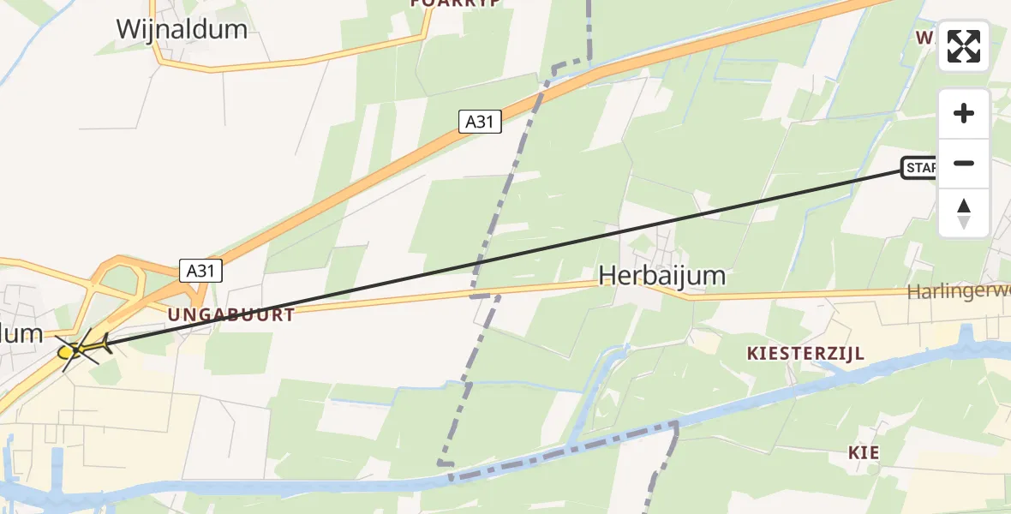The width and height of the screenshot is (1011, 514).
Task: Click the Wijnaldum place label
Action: [182, 29]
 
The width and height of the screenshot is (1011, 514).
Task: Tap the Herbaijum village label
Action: [662, 275]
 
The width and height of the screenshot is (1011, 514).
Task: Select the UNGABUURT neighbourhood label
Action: [231, 315]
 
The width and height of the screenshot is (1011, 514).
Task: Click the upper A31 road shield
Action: [479, 122]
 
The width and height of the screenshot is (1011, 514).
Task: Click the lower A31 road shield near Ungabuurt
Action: [201, 271]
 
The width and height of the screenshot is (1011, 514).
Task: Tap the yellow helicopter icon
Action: [79, 349]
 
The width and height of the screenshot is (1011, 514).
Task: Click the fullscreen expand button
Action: [964, 46]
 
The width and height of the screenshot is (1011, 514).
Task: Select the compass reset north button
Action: [964, 212]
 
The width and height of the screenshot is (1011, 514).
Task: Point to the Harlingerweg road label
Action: [960, 292]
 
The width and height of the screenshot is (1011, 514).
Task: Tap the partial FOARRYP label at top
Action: [455, 3]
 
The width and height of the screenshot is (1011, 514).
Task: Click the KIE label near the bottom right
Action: [864, 452]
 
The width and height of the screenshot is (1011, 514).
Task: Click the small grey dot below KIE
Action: [872, 470]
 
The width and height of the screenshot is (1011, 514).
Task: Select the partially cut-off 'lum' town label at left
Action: [21, 333]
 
